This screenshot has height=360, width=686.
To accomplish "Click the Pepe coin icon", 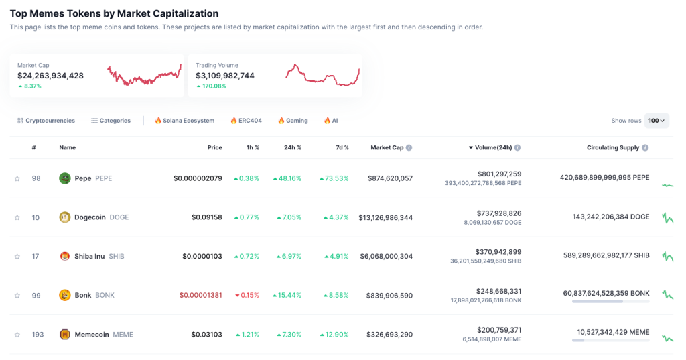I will (x=65, y=178).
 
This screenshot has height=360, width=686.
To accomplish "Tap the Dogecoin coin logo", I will (x=65, y=217).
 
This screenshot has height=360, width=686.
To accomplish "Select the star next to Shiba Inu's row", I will (x=17, y=257).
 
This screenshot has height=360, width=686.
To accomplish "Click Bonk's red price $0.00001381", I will (x=200, y=296).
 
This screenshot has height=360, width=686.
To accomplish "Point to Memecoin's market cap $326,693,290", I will (x=389, y=335).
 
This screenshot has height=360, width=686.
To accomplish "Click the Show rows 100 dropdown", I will (x=657, y=121).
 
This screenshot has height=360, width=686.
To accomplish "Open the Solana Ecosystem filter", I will (x=184, y=121).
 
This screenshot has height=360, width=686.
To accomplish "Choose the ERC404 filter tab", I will (x=246, y=121).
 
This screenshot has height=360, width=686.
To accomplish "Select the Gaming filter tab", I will (x=293, y=121).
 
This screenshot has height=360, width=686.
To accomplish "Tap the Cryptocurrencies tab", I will (x=46, y=121).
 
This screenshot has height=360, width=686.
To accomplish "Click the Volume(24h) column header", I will (x=494, y=147).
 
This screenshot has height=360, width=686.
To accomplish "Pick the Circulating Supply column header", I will (x=613, y=147).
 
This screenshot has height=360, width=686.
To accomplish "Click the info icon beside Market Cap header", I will (x=409, y=147).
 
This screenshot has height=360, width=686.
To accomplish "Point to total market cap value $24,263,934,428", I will (x=51, y=76).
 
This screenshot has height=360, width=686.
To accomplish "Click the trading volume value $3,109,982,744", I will (x=225, y=76).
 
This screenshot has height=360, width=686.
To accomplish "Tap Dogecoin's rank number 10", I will (x=36, y=217).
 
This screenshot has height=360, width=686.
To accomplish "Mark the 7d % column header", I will (x=342, y=147).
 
